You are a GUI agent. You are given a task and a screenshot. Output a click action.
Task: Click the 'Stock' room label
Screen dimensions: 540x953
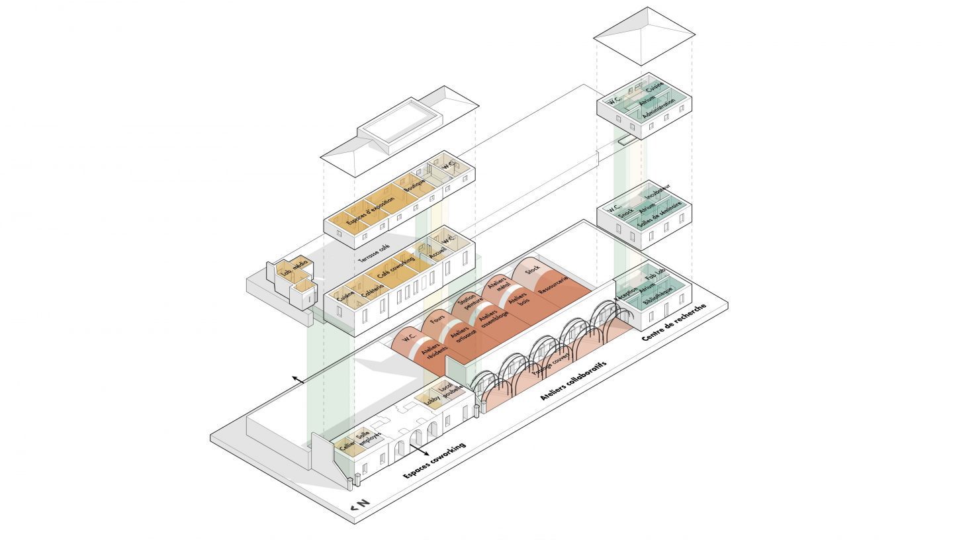532,271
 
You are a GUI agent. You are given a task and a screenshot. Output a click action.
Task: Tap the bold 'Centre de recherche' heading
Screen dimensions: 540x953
673,322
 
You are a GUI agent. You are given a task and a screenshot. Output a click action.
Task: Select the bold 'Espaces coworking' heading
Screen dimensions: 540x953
434,460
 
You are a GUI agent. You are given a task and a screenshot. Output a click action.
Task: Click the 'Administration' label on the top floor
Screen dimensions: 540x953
658,106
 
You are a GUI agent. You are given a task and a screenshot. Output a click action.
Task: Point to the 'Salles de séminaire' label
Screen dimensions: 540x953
659,214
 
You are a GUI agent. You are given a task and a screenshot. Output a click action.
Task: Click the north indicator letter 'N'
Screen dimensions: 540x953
363,504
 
